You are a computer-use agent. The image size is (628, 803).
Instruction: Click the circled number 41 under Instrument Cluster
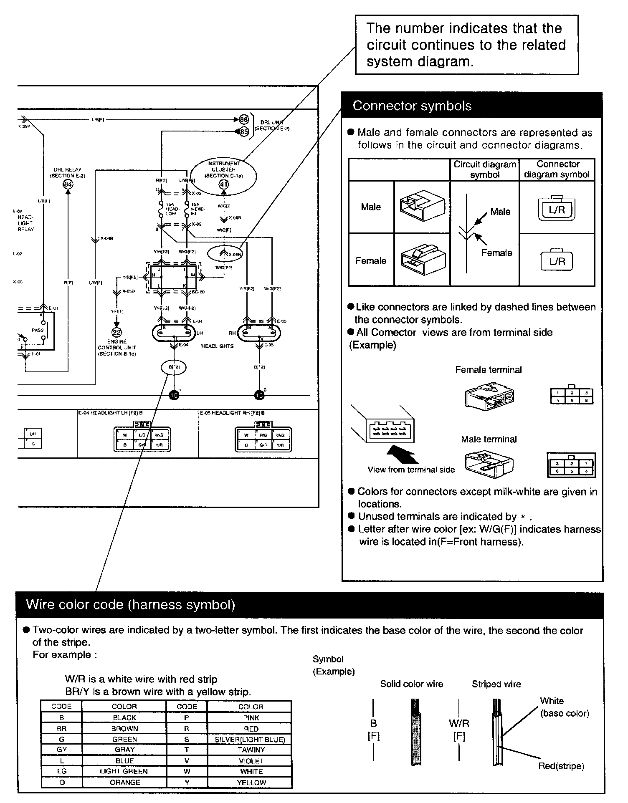(224, 184)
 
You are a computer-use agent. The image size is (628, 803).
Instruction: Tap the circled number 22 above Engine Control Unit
(116, 332)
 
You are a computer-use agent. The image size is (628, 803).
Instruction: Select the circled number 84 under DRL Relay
(67, 184)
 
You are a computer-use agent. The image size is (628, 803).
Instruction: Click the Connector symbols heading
(412, 106)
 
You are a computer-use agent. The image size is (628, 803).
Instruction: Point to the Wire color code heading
(130, 605)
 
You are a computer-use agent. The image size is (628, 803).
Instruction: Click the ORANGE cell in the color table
(124, 783)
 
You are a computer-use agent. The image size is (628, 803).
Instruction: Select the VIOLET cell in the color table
(251, 761)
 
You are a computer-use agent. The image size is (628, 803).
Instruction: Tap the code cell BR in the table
(62, 729)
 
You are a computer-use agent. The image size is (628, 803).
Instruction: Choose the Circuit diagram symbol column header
(485, 169)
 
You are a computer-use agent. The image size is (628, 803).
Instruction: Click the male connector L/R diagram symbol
(557, 209)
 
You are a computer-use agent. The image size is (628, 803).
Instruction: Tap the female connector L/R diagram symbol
(557, 261)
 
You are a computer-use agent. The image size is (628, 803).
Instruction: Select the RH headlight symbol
(259, 333)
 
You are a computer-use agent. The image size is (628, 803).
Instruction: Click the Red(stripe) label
(561, 766)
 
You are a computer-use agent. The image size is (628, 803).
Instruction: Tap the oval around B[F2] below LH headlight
(174, 367)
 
